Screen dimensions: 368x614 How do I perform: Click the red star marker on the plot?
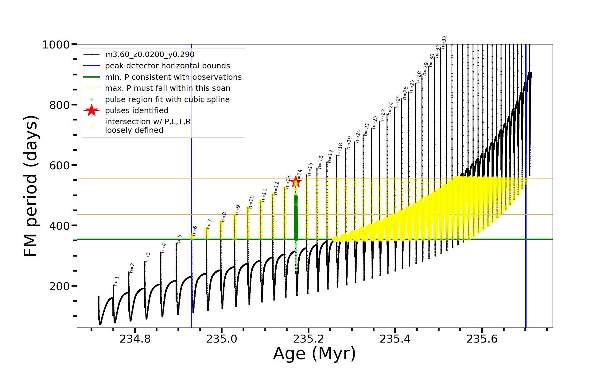coord(296,182)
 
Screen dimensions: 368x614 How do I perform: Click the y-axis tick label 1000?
coord(56,45)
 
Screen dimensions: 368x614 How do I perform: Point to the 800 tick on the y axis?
coord(60,105)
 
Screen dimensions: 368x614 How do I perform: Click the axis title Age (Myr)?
coord(314,354)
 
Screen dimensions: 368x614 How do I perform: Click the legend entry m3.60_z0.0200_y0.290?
coord(150,55)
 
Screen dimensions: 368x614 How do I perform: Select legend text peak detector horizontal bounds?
coord(167,66)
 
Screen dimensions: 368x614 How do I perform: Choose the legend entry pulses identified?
coord(137,111)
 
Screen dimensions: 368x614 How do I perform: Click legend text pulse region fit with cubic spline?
coord(167,100)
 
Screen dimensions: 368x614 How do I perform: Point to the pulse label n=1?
coord(116,281)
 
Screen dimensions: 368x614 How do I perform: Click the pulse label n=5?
coord(180,239)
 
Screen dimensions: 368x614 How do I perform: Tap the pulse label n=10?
coord(251,202)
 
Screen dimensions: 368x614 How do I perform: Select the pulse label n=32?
coord(444,42)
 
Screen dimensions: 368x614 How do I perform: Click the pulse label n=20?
coord(358,136)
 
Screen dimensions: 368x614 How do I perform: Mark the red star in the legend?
coord(91,111)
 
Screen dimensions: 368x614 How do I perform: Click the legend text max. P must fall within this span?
coord(167,88)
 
